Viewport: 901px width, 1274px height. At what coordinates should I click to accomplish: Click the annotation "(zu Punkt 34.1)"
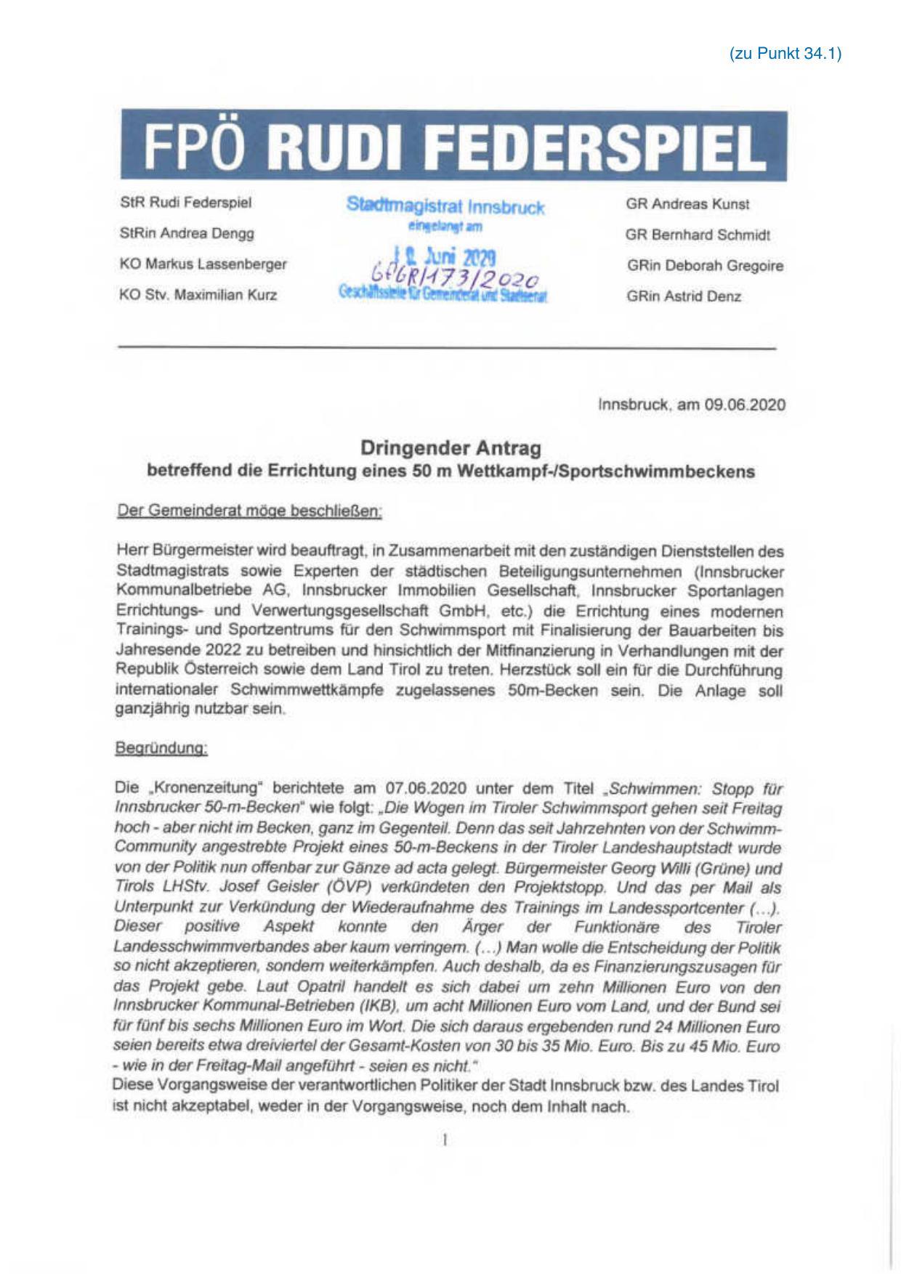[x=785, y=54]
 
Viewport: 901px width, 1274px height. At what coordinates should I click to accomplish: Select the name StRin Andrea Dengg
[x=187, y=233]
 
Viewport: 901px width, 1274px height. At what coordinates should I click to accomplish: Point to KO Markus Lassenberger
[x=203, y=264]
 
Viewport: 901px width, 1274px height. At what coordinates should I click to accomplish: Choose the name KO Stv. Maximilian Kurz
[x=198, y=296]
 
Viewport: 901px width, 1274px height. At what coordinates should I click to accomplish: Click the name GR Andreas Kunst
[x=687, y=204]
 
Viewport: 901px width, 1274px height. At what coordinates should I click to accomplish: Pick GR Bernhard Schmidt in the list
[x=698, y=235]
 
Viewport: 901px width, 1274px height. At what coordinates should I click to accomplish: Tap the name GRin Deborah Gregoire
[x=705, y=266]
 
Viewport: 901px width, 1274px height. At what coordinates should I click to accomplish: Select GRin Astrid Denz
[x=684, y=296]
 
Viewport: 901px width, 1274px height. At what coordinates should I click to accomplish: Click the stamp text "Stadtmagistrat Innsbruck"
[x=445, y=207]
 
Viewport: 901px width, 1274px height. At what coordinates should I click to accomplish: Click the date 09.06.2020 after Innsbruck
[x=744, y=405]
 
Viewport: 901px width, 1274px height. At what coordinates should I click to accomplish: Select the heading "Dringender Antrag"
[x=450, y=448]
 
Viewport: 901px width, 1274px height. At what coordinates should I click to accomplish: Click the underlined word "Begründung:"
[x=161, y=749]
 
